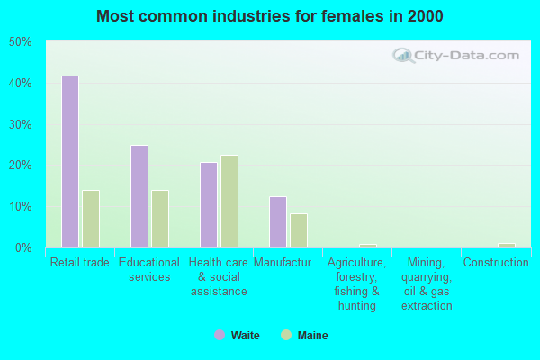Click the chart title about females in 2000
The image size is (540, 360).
coord(270,16)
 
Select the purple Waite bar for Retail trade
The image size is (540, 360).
coord(70,162)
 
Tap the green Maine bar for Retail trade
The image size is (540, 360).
coord(91,219)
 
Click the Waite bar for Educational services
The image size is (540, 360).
coord(139,196)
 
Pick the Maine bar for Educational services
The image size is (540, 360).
coord(160,219)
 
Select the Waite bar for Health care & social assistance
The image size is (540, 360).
coord(209,205)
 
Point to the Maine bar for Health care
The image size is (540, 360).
coord(229,202)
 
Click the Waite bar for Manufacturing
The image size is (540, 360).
coord(278,222)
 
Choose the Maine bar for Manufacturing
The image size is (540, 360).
coord(299,230)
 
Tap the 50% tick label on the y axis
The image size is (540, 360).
coord(21,42)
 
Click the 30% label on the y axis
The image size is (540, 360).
coord(21,124)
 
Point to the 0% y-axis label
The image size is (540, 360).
coord(23,247)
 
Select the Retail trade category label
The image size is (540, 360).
coord(80,263)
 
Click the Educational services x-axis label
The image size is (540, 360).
coord(149,270)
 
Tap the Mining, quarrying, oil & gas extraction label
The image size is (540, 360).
coord(427,284)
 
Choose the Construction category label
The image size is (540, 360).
coord(496,263)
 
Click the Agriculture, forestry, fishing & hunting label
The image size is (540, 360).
coord(357,284)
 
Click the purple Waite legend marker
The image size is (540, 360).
coord(219,336)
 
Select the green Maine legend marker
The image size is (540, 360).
coord(287,336)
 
